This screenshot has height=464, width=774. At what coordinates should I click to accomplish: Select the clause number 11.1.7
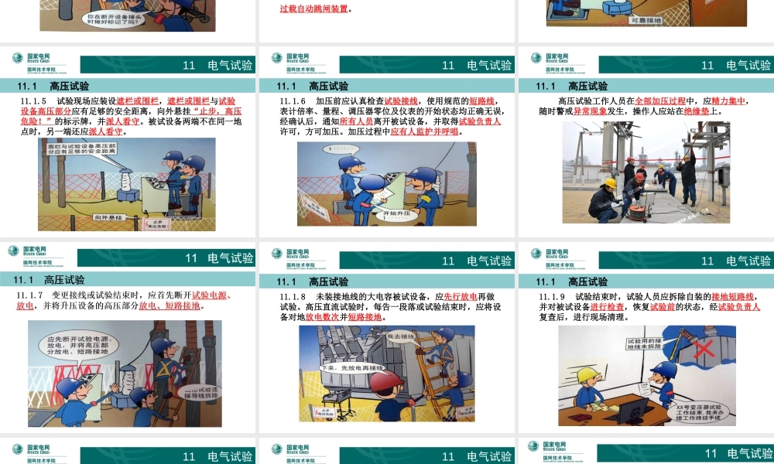(33, 295)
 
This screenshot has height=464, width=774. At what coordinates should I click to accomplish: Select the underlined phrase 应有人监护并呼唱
(424, 131)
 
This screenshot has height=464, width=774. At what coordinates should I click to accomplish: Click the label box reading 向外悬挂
(110, 219)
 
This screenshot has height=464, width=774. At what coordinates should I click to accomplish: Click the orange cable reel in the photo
(636, 207)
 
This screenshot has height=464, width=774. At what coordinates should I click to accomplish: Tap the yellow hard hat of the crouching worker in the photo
(610, 183)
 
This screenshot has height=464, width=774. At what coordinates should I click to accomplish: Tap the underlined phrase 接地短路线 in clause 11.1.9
(733, 297)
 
